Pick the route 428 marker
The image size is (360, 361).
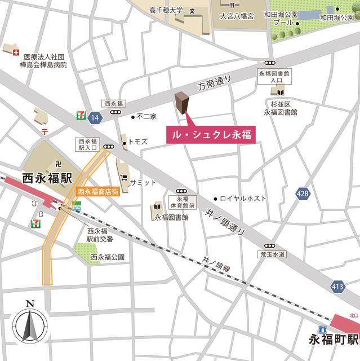(303, 193)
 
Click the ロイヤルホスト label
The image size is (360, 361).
(243, 199)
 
